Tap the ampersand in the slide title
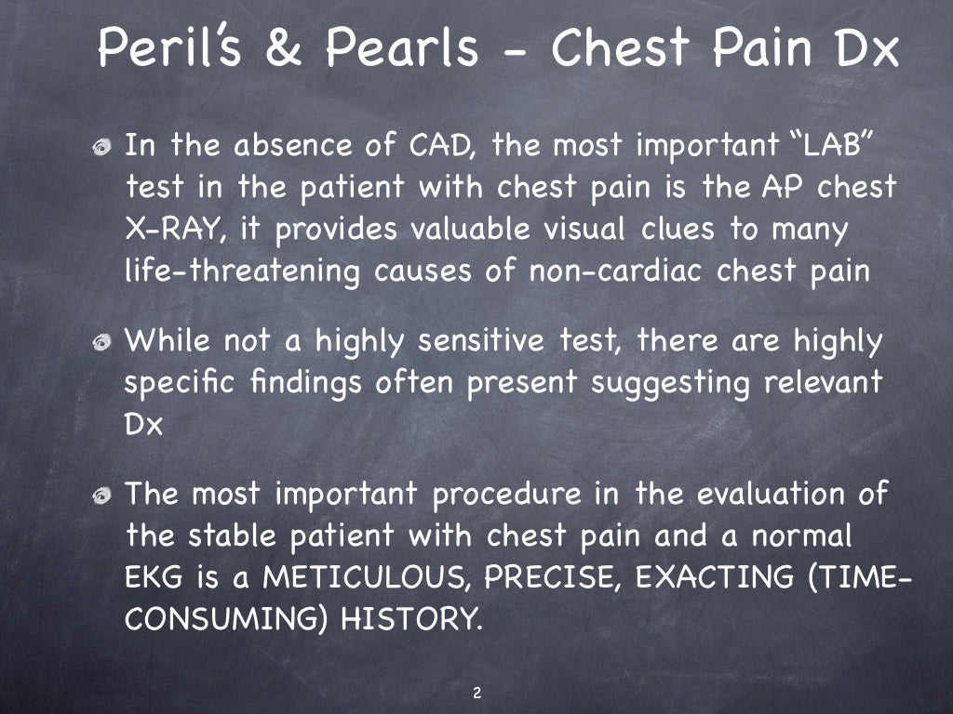tap(297, 49)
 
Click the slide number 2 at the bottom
tap(476, 693)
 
